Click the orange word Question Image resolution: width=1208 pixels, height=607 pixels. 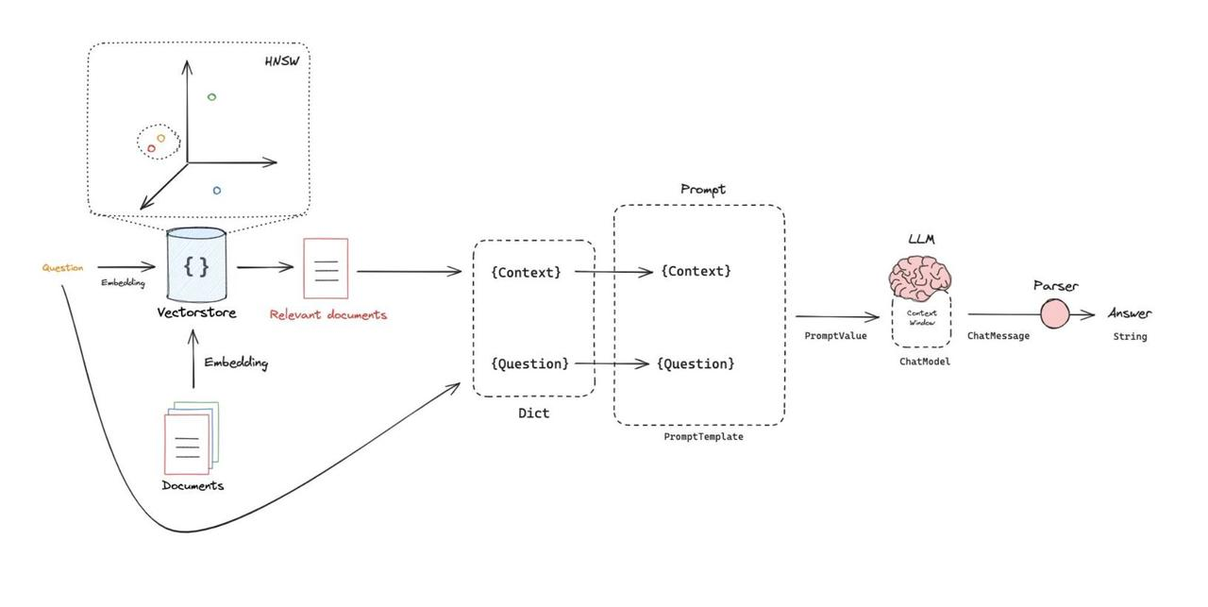(x=62, y=268)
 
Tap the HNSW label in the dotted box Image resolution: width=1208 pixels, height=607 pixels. (x=287, y=61)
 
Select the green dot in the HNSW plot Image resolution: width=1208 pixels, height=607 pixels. (x=211, y=97)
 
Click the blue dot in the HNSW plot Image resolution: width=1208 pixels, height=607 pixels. (x=217, y=191)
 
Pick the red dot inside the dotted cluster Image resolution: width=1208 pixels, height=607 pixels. (x=151, y=148)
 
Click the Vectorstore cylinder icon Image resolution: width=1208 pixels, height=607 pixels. (x=196, y=265)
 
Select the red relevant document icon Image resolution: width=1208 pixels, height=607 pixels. (x=326, y=268)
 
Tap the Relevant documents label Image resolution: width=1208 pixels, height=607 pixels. (x=327, y=314)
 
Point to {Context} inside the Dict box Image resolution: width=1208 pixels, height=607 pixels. (x=526, y=272)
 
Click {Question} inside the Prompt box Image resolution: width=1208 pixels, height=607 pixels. (x=696, y=363)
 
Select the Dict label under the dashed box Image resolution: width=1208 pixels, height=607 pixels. (x=533, y=413)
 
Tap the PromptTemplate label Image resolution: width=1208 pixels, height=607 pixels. (x=703, y=436)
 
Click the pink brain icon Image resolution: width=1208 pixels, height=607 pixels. (x=919, y=278)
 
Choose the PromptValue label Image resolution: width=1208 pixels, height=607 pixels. (x=835, y=335)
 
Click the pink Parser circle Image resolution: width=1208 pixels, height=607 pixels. (x=1054, y=314)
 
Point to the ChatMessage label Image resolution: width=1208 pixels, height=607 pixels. (x=998, y=335)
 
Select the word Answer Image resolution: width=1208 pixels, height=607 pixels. (x=1130, y=313)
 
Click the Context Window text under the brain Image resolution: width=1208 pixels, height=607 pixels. (x=921, y=317)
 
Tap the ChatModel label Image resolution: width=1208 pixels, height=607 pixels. (x=924, y=361)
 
